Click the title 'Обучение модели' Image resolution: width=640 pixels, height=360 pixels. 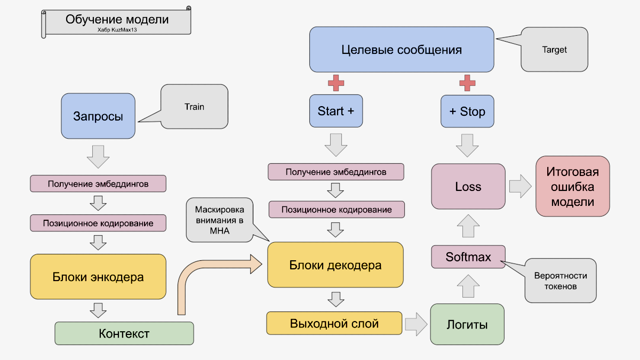[117, 20]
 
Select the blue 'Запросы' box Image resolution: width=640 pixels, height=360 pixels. [98, 116]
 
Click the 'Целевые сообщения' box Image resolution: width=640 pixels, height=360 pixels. [401, 50]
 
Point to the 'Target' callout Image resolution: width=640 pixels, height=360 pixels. [555, 50]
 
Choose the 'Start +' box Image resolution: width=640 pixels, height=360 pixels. [336, 111]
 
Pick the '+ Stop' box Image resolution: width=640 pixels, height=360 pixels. [467, 111]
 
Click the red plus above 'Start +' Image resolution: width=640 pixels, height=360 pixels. [336, 83]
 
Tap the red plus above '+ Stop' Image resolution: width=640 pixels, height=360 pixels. [467, 83]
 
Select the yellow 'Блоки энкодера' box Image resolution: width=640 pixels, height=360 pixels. [98, 277]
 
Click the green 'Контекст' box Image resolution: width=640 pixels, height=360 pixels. [124, 333]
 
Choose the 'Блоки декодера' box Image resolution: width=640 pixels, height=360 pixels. [335, 265]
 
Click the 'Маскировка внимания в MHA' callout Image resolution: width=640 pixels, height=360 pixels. [219, 219]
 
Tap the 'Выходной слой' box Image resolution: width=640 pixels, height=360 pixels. [334, 323]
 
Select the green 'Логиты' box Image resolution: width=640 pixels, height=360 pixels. [467, 324]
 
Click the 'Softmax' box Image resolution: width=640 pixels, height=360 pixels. [468, 257]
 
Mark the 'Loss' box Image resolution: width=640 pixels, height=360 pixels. [468, 186]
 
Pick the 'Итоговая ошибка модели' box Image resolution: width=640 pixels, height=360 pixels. [572, 186]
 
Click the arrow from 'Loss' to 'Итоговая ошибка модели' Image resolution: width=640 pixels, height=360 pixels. [520, 186]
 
